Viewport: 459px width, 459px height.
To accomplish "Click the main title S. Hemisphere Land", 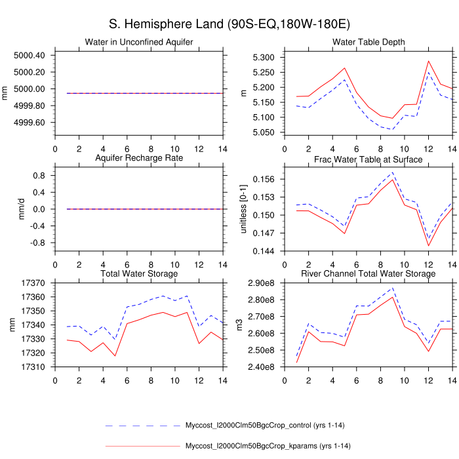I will point(229,24).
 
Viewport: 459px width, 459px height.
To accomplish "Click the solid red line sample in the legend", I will point(142,447).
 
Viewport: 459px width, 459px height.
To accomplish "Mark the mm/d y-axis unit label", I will point(7,209).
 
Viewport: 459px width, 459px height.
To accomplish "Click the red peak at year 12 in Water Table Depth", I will point(428,61).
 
